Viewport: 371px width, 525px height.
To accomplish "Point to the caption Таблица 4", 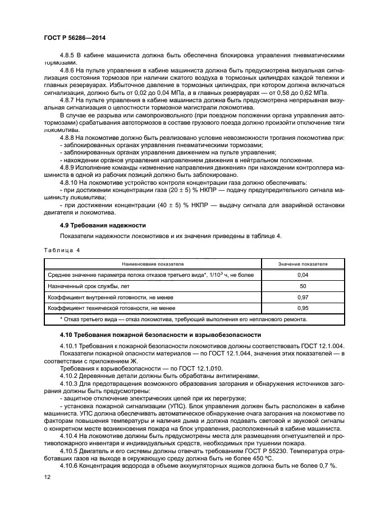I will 62,250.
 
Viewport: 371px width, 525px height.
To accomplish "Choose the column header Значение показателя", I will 303,263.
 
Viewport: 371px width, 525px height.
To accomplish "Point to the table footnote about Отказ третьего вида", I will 183,319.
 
